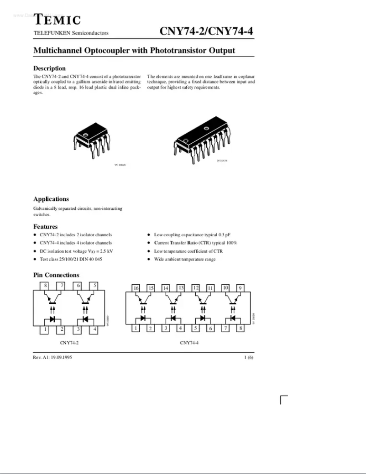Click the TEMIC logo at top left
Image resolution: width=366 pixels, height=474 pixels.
(58, 20)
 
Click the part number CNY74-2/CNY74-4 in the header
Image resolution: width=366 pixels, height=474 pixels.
(206, 31)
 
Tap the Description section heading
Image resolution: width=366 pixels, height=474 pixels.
(49, 68)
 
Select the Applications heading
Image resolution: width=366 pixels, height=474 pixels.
(51, 199)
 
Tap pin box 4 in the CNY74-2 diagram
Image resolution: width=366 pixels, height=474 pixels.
(95, 328)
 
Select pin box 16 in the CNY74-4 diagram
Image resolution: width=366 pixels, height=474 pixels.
(136, 288)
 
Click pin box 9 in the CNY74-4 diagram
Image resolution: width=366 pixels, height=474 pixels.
(241, 288)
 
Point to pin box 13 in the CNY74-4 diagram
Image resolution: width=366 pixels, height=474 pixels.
(181, 288)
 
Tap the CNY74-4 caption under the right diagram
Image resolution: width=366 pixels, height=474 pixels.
(189, 342)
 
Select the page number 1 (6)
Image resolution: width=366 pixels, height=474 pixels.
(248, 357)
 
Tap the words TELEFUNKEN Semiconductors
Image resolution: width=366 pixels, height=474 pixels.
(71, 33)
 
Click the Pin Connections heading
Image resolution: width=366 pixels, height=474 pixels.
(56, 275)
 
